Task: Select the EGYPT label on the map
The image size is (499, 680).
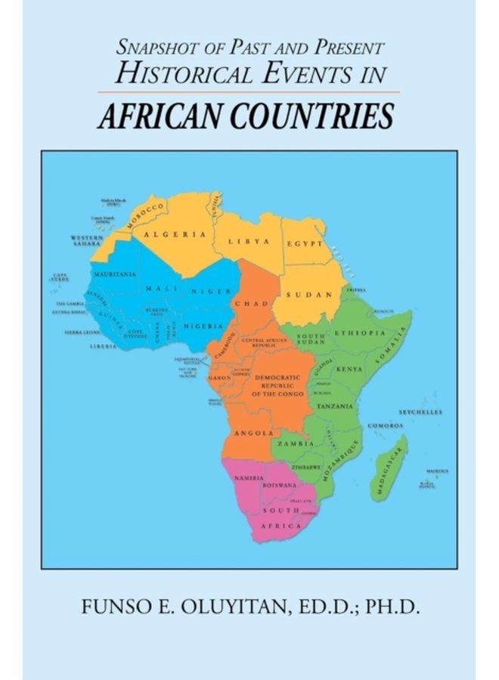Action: point(304,244)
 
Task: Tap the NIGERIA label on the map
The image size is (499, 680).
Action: point(204,326)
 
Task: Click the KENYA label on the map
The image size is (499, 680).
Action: point(349,369)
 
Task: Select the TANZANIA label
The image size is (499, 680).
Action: point(336,406)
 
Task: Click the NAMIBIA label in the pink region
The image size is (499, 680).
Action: point(249,479)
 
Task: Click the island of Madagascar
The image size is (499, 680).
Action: point(390,468)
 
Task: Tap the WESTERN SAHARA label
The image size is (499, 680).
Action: point(78,242)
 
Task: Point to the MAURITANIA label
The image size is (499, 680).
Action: point(115,274)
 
